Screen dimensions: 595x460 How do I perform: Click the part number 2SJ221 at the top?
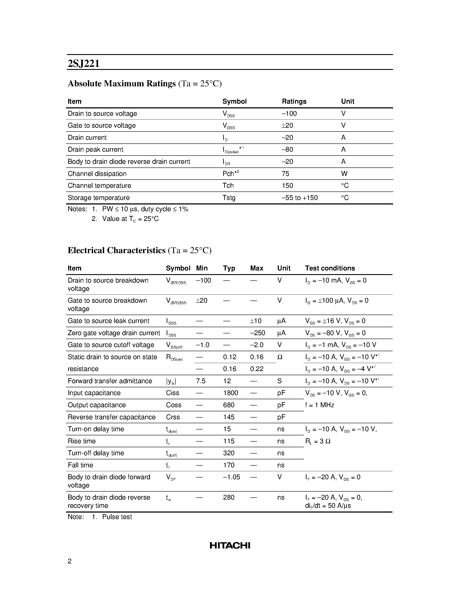point(84,63)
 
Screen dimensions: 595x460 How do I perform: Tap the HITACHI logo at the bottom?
point(230,545)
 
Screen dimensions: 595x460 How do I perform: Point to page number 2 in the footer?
point(69,561)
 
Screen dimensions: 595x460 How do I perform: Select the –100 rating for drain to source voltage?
point(289,114)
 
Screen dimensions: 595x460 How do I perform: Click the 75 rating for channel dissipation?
point(285,174)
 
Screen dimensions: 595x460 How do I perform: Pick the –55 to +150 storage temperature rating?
point(300,198)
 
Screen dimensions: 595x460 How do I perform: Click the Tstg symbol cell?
point(229,198)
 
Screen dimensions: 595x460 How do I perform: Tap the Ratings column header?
point(294,101)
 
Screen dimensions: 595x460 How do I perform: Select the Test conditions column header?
point(330,268)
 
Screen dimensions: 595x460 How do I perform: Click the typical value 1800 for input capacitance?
point(230,393)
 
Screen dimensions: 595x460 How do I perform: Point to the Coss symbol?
point(174,405)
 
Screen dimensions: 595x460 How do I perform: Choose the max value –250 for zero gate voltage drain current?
point(257,333)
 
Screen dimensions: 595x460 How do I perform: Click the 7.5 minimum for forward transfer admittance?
point(201,381)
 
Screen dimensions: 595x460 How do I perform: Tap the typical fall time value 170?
point(229,465)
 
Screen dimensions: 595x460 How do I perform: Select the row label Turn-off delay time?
point(96,453)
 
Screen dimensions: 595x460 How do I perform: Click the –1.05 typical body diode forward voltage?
point(231,477)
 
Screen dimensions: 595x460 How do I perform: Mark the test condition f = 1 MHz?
point(319,405)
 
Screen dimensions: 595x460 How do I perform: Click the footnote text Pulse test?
point(117,517)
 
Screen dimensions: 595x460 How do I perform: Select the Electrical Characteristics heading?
point(116,250)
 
